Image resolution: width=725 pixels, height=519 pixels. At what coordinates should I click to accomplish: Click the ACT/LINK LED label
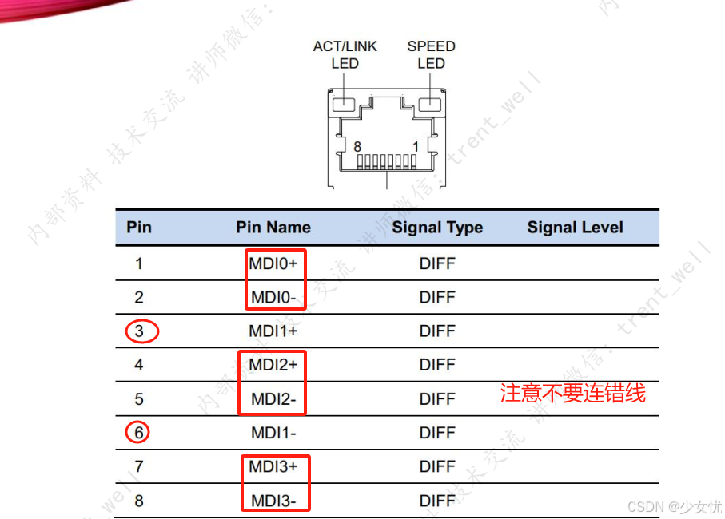click(x=345, y=54)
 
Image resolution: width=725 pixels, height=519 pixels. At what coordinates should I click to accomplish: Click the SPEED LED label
click(x=431, y=54)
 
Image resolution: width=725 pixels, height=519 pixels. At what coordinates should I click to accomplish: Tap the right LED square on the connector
click(x=431, y=104)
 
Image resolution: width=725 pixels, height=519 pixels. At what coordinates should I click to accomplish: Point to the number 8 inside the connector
click(x=358, y=147)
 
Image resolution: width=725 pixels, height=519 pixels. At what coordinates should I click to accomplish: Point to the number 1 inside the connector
click(x=416, y=147)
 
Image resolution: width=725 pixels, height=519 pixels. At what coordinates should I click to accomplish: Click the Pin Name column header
click(x=273, y=228)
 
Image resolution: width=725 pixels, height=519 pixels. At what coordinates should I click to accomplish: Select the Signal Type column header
click(x=437, y=228)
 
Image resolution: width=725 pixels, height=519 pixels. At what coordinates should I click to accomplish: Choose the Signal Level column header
click(x=575, y=228)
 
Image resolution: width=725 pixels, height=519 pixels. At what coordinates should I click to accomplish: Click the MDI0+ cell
click(x=274, y=263)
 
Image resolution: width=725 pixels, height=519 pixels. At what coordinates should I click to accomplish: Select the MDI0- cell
click(x=274, y=298)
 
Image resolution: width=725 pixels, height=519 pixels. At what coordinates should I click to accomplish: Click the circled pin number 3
click(x=141, y=331)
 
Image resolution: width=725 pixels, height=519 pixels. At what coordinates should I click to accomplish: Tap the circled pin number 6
click(x=138, y=433)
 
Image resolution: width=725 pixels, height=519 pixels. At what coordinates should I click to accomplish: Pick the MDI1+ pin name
click(x=273, y=331)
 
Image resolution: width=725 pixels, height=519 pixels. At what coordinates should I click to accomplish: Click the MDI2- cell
click(x=274, y=398)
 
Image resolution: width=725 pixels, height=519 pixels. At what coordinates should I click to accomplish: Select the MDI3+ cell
click(x=273, y=466)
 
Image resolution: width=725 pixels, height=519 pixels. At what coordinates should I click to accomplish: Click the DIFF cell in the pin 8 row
click(x=437, y=501)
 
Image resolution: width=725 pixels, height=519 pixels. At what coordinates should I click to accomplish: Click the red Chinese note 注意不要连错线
click(x=572, y=394)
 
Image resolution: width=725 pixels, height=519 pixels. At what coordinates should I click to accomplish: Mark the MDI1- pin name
click(x=273, y=433)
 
